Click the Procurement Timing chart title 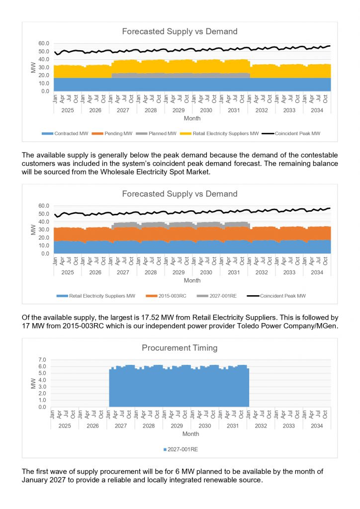(180, 348)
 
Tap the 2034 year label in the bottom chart (317, 426)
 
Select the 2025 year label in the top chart (68, 110)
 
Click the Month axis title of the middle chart (192, 281)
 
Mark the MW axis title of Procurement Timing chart (33, 383)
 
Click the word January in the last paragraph (37, 480)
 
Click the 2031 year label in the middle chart (234, 272)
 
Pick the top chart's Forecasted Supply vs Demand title (180, 32)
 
